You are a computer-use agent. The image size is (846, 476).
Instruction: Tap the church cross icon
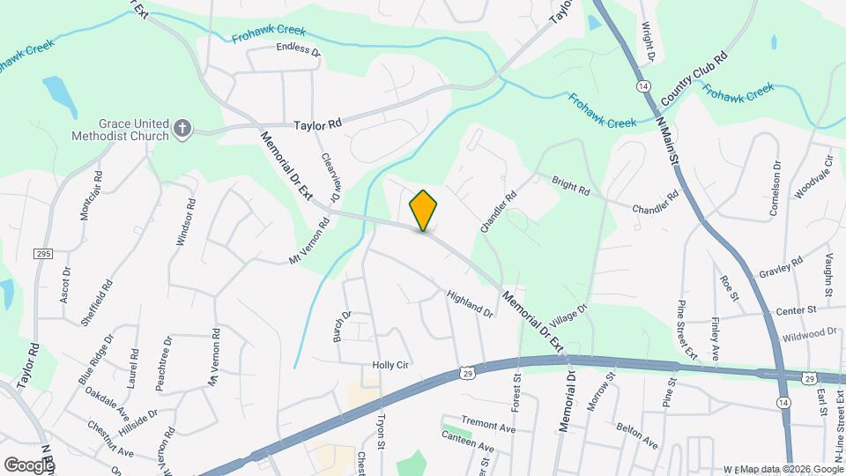(182, 129)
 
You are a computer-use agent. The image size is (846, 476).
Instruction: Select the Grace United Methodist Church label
(122, 130)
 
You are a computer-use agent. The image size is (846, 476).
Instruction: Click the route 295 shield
(44, 254)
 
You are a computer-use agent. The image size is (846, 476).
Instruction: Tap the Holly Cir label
(390, 366)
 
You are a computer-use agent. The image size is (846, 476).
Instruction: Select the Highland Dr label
(470, 304)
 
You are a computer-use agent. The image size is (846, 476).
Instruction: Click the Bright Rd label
(570, 187)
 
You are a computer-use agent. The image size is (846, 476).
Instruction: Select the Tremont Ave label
(487, 427)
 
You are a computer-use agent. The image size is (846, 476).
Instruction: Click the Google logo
(29, 465)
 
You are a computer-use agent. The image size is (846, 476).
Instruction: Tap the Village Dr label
(569, 315)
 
